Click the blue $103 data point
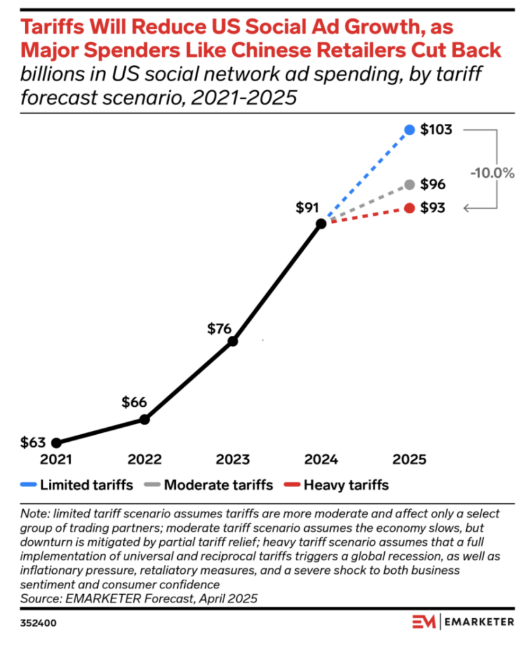[x=410, y=130]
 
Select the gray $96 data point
[x=410, y=185]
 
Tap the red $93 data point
[x=410, y=208]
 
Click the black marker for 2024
[x=321, y=223]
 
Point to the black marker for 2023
[x=232, y=342]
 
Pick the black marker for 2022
[x=144, y=420]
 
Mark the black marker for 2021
[x=56, y=442]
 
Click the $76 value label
[x=220, y=328]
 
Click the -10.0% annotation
[x=492, y=173]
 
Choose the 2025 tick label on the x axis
[x=410, y=460]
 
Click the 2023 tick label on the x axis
[x=232, y=460]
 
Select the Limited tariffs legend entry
[x=77, y=485]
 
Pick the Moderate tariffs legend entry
[x=210, y=485]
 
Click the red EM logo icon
[x=422, y=622]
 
